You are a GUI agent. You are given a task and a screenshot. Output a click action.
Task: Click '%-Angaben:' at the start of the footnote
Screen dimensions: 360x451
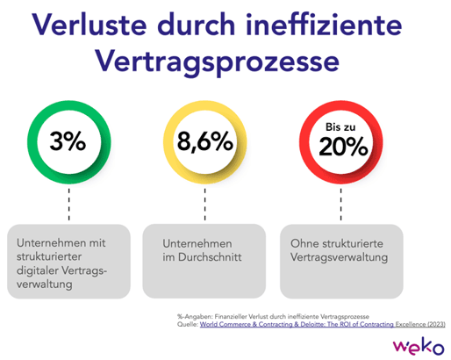[195, 314]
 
